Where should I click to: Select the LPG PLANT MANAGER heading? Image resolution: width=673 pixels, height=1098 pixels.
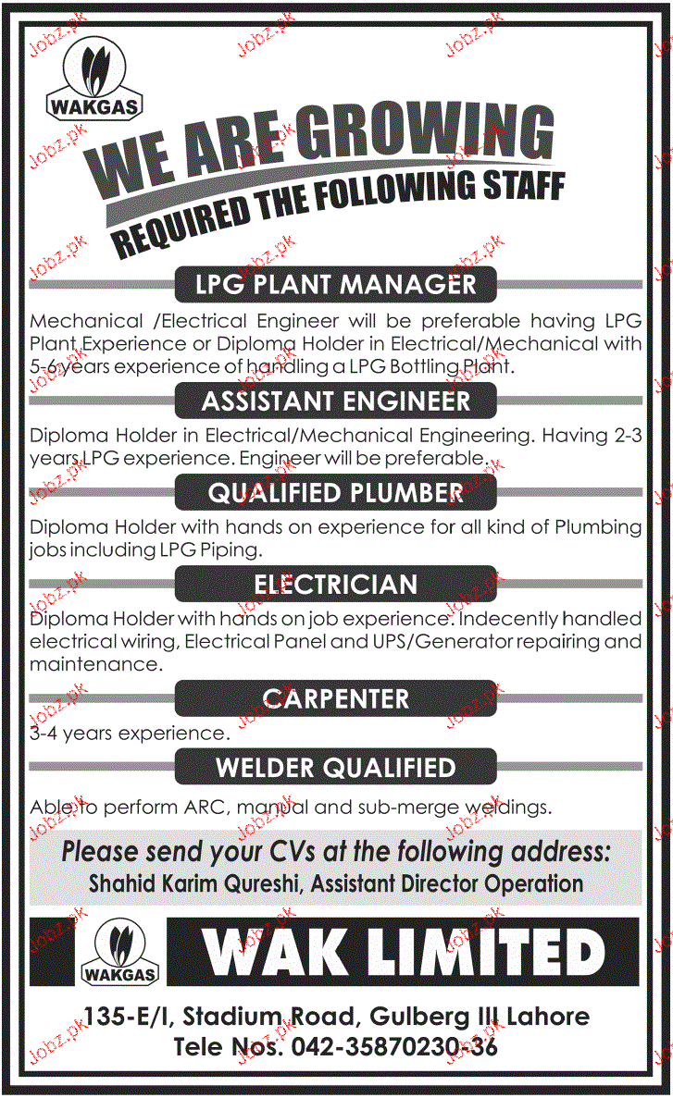click(x=336, y=284)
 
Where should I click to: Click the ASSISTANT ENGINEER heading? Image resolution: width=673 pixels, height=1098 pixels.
click(x=336, y=401)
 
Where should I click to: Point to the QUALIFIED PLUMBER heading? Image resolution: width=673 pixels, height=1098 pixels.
click(x=336, y=493)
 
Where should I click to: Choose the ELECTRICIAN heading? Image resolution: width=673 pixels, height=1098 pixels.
click(x=336, y=585)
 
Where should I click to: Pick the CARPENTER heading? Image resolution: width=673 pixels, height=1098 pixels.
click(x=336, y=698)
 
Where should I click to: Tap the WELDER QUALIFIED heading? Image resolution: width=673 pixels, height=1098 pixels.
click(x=336, y=768)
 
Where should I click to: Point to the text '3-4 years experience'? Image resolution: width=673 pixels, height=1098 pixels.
click(x=129, y=734)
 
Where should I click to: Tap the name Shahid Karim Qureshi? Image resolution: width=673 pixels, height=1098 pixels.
click(x=196, y=882)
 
